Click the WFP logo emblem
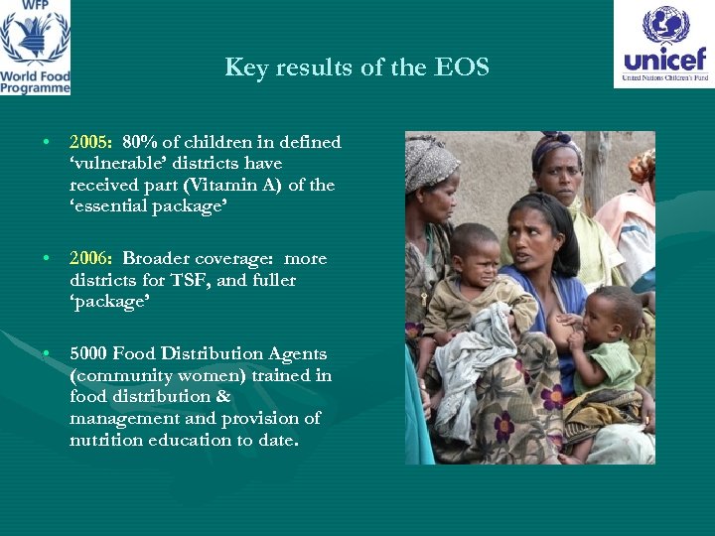(x=35, y=36)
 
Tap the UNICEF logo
(x=663, y=44)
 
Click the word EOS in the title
(x=466, y=67)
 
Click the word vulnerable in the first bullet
(x=113, y=164)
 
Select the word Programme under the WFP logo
(x=35, y=88)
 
